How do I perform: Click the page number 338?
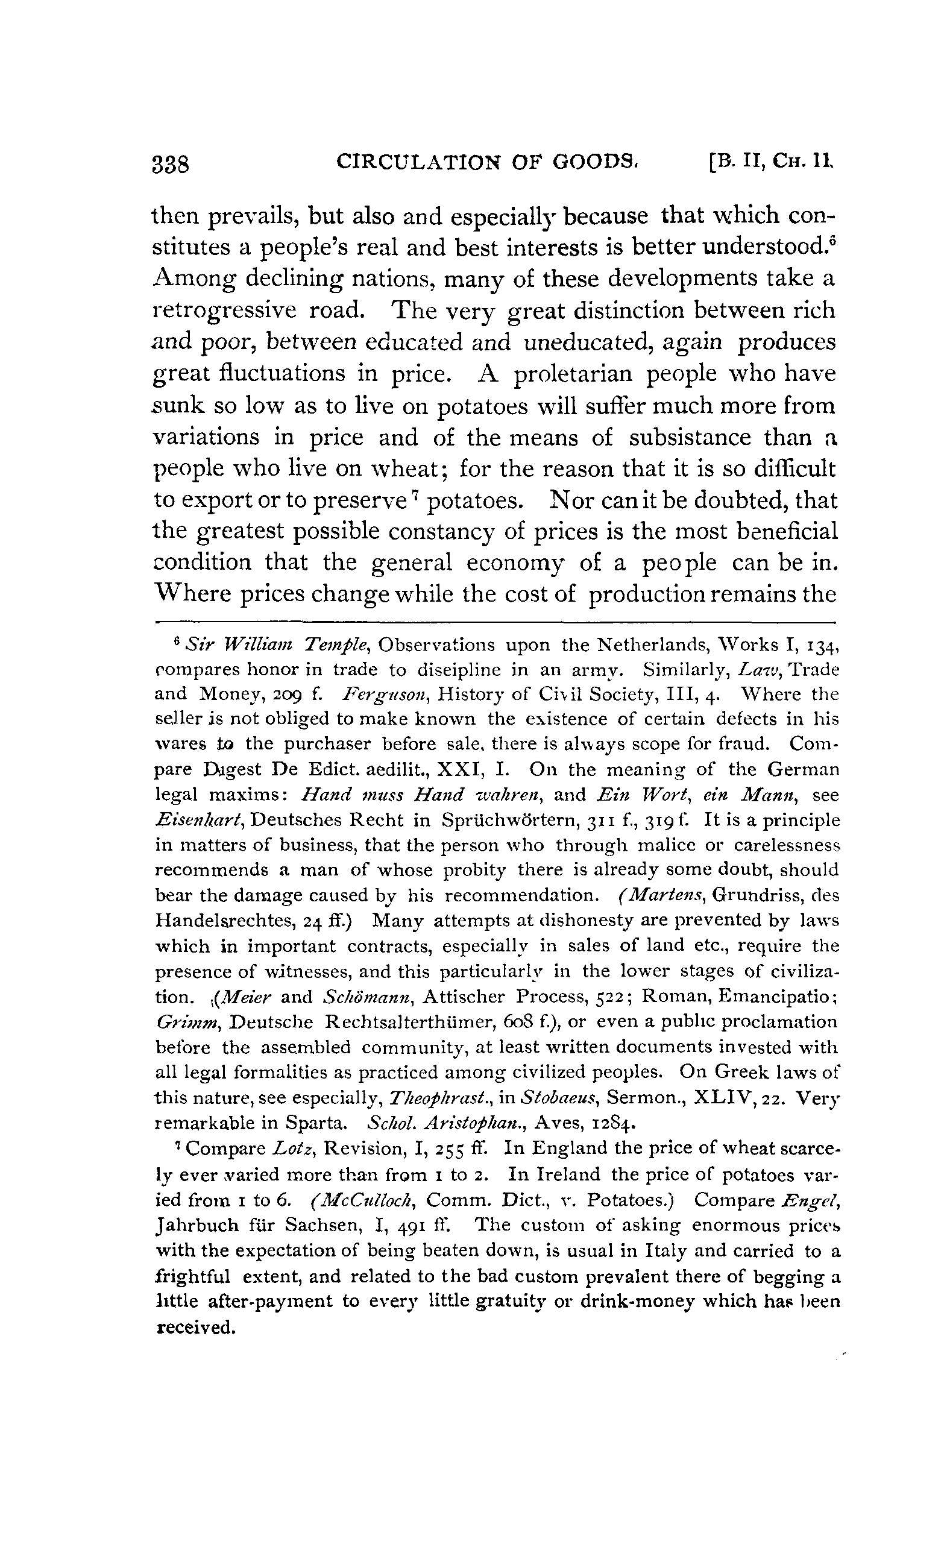click(x=171, y=164)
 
